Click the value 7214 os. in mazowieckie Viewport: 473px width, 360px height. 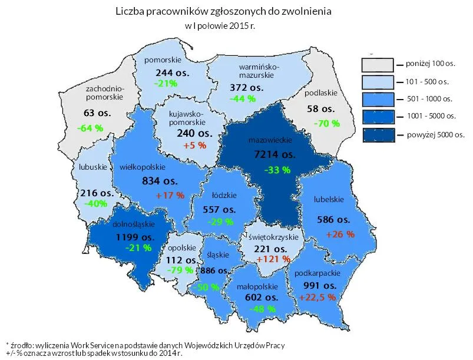272,154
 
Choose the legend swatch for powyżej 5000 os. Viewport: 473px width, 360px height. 377,134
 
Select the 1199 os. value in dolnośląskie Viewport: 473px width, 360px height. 134,237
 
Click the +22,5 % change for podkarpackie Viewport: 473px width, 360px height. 317,298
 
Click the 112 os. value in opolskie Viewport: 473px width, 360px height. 181,260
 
